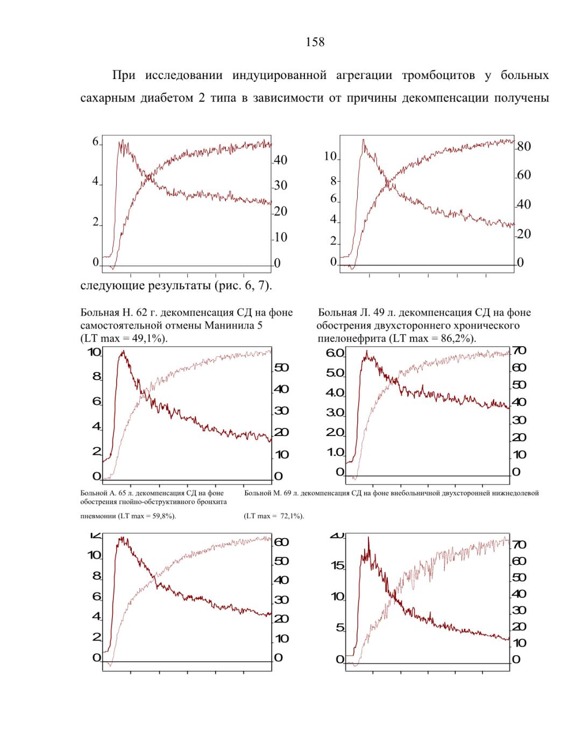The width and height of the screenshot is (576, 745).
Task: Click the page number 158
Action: point(315,42)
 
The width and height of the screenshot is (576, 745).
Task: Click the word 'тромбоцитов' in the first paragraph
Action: point(438,75)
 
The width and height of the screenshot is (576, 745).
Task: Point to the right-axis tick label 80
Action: point(524,147)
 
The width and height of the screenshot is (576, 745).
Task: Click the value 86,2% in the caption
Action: point(454,339)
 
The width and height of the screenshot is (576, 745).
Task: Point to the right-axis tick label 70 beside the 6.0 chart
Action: point(518,350)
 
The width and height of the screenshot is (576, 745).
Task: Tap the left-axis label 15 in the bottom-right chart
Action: point(338,565)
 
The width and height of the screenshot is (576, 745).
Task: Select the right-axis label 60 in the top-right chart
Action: point(524,175)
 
